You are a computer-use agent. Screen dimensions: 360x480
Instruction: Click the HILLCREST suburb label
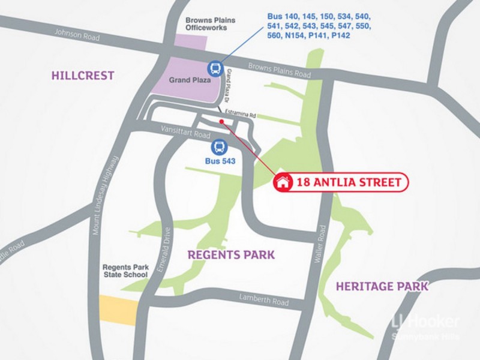pos(83,75)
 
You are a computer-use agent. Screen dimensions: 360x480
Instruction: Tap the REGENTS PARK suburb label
pos(232,254)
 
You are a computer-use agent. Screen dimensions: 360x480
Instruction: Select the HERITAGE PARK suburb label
pos(382,286)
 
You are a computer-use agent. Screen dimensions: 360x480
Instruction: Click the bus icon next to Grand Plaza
pos(215,68)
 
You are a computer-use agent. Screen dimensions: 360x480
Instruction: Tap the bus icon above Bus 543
pos(219,147)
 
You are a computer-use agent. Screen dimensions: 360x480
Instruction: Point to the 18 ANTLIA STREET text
pos(348,182)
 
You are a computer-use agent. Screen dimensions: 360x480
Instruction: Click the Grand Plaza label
pos(189,80)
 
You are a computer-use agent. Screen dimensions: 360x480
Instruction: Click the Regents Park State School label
pos(125,271)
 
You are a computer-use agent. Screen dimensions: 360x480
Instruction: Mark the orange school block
pos(118,310)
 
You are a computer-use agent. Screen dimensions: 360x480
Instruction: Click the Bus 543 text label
pos(219,161)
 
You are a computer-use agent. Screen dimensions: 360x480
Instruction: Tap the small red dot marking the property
pos(223,122)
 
